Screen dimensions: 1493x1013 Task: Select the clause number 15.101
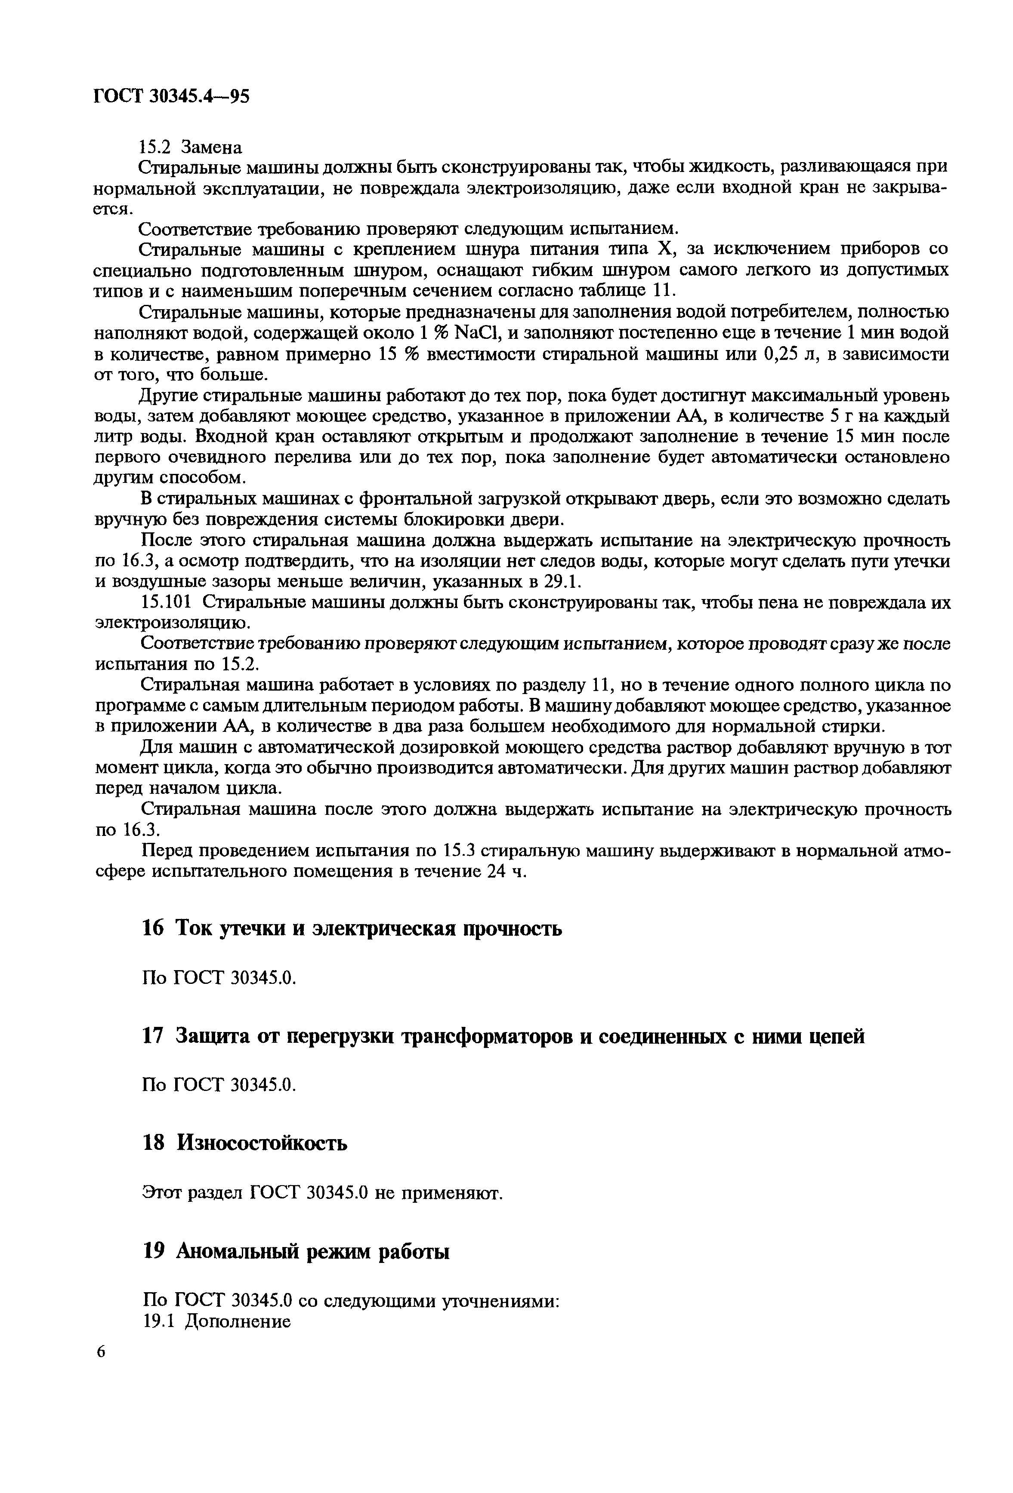(x=166, y=602)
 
